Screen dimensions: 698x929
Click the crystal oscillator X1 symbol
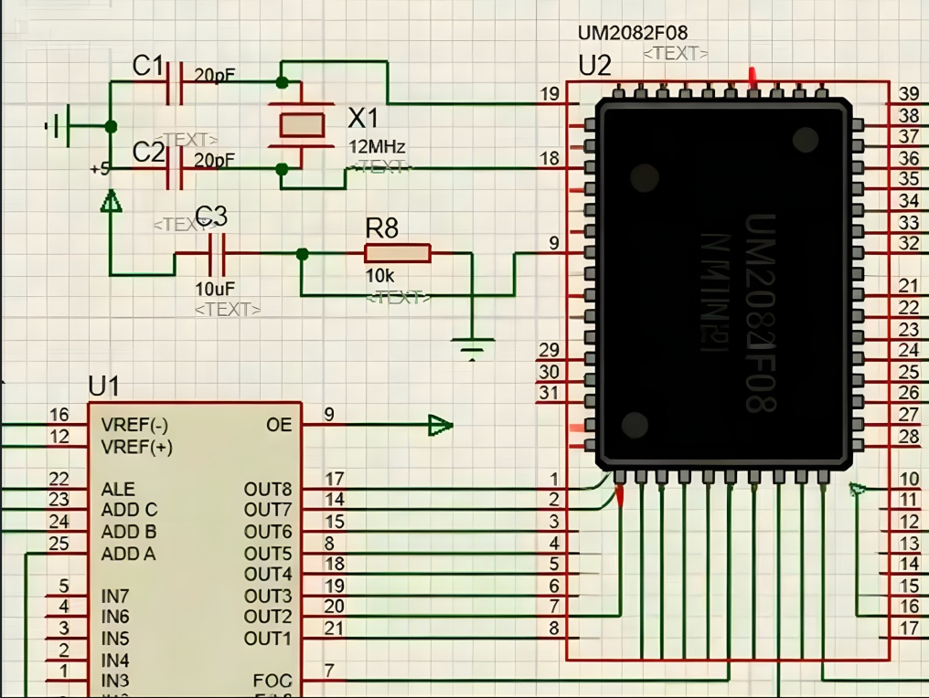point(301,124)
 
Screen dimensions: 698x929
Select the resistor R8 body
point(397,253)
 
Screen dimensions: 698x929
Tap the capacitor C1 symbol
point(176,81)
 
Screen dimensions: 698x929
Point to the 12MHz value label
point(377,146)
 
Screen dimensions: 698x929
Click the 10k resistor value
point(380,276)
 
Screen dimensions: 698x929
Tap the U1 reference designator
point(103,386)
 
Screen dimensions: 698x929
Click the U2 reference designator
point(595,65)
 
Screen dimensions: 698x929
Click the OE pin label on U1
point(279,425)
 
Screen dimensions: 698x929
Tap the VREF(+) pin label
point(137,447)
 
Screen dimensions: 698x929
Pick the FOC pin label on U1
point(272,681)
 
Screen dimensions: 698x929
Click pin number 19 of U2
point(550,94)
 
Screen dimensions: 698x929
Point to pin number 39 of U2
point(908,94)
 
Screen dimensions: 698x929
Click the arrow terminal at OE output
point(440,425)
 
